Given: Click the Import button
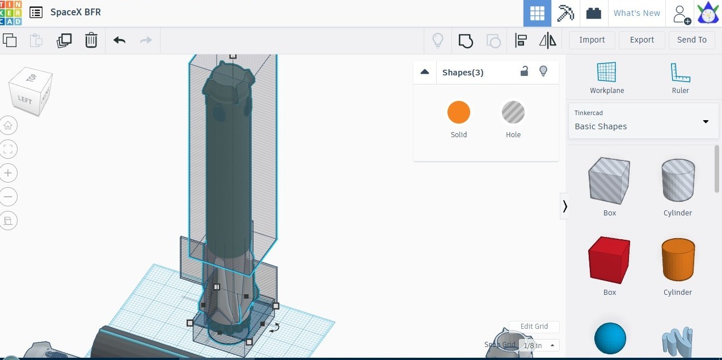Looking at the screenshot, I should pos(592,40).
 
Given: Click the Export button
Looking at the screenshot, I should pos(641,40).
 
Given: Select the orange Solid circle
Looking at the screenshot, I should pos(458,112).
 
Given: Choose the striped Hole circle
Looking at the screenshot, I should pos(513,112).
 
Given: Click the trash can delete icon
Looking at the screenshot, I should pos(91,40).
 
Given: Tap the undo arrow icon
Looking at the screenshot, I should pos(119,40).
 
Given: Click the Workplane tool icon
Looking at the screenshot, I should pos(606,73).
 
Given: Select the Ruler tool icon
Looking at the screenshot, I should pos(680,73).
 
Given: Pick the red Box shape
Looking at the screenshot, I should pos(609,261).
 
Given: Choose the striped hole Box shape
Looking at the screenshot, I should pos(609,181).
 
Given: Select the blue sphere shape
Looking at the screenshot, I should pos(610,338).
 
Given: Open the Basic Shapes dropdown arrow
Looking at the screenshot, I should pos(706,121).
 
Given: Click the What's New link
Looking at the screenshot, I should pos(636,13).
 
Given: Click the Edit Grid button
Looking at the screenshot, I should pos(534,327).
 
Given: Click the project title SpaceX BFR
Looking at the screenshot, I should pos(75,12).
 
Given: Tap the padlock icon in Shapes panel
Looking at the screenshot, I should pos(525,71).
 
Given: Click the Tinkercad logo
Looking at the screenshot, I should pos(11,12).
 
